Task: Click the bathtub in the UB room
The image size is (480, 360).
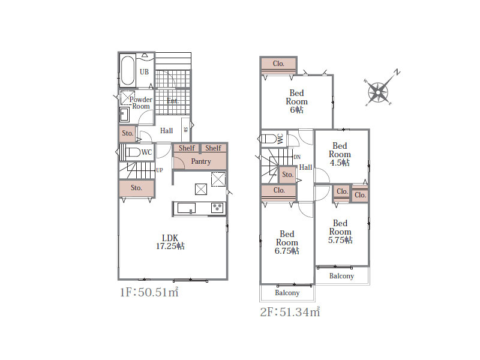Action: tap(127, 70)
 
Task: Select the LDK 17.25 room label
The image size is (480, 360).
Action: tap(170, 242)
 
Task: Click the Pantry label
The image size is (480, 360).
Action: tap(201, 161)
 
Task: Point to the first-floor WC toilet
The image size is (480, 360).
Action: tap(132, 152)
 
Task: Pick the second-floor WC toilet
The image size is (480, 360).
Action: tap(268, 139)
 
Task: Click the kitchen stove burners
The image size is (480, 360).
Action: tap(217, 208)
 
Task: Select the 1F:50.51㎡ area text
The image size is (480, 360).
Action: tap(149, 292)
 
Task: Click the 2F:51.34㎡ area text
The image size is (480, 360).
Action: tap(290, 311)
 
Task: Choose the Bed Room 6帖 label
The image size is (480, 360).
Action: tap(296, 101)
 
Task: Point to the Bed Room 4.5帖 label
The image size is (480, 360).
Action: tap(340, 154)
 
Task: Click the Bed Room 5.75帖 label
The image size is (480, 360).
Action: tap(340, 232)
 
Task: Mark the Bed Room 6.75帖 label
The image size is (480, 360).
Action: tap(287, 242)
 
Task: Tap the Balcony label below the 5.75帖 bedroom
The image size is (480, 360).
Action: tap(341, 276)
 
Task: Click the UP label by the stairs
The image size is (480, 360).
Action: tap(160, 170)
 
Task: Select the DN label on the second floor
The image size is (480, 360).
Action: tap(297, 157)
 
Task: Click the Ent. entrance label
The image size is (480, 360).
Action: tap(173, 101)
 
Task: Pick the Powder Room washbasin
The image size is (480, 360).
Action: tap(124, 115)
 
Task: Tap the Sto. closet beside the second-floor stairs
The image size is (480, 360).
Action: tap(288, 175)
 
